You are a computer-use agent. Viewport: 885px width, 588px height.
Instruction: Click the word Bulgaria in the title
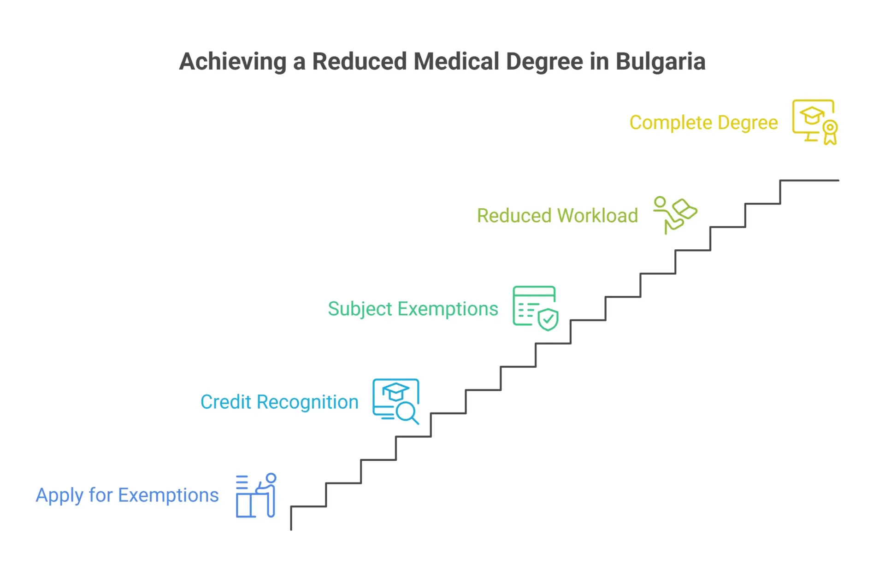[660, 62]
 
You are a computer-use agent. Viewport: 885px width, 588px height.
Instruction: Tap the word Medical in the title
[456, 61]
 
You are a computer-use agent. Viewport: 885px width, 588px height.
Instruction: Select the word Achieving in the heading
[233, 62]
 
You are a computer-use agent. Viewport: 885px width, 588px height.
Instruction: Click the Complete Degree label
[703, 123]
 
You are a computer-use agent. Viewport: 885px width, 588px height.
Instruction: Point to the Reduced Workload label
[557, 216]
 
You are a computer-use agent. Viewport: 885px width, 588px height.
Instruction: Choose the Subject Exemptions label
[413, 309]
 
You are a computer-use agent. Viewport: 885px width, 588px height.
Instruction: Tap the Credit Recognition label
[279, 402]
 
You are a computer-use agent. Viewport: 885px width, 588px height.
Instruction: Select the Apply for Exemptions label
[127, 495]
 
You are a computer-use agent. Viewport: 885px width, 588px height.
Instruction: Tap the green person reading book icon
[675, 215]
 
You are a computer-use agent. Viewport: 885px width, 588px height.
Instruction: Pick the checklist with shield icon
[536, 308]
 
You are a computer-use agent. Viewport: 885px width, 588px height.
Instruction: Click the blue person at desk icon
[256, 495]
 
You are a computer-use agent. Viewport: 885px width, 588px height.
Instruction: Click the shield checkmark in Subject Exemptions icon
[548, 319]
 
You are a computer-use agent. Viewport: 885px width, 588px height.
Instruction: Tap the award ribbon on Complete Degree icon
[830, 133]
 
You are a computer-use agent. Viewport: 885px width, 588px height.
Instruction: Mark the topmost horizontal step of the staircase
[809, 181]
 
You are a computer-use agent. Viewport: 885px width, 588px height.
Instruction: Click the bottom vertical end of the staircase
[291, 530]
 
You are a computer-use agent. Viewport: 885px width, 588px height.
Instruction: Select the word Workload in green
[598, 216]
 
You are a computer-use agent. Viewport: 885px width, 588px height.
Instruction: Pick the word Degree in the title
[544, 62]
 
